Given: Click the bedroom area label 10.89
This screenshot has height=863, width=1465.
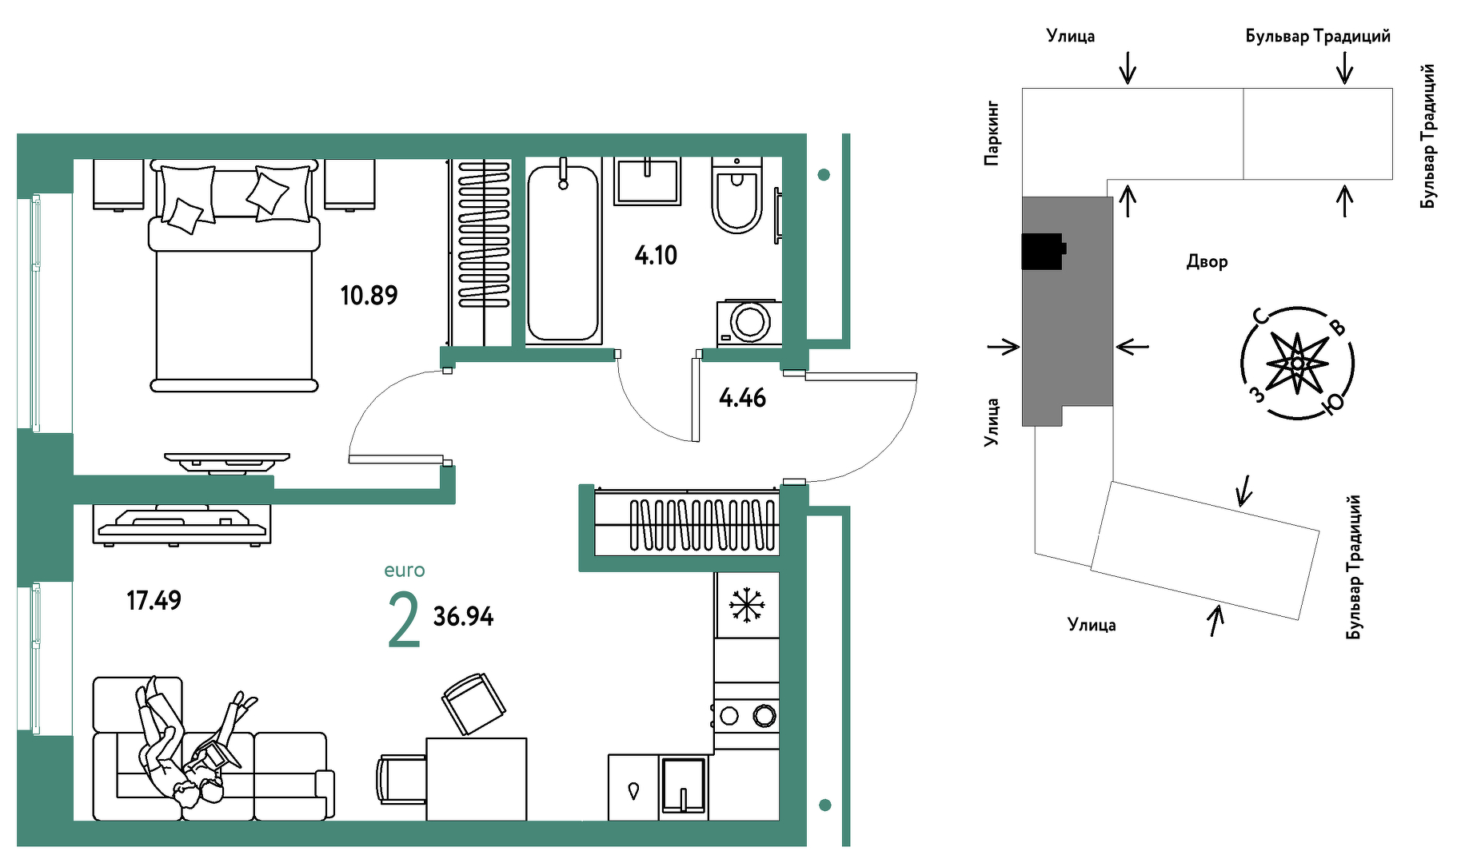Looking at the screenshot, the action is tap(369, 296).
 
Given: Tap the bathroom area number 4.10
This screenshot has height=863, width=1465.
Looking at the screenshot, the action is tap(656, 256).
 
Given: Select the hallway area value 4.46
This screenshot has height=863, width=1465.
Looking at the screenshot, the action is tap(742, 398).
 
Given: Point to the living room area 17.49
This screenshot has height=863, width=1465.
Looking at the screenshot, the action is tap(154, 600).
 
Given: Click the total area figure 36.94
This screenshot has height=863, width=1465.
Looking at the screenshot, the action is tap(463, 617).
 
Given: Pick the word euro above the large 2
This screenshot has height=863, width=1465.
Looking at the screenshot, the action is tap(404, 571).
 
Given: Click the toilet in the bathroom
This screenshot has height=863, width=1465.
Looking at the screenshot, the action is tap(736, 196).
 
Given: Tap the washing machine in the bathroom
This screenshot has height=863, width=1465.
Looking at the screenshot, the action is tap(749, 323).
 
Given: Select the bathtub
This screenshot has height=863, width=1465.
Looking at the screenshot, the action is tap(563, 253).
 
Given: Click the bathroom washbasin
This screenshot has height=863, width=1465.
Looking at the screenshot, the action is tap(647, 181).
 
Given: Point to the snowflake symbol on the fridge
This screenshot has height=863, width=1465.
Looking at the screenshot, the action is tap(747, 605).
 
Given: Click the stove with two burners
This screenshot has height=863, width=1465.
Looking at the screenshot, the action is tap(746, 715).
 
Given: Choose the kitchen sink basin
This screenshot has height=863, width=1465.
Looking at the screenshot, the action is tap(684, 786).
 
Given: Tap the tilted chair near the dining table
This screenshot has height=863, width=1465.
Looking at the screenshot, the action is tap(473, 703).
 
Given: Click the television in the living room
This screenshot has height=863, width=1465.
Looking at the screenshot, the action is tap(181, 525).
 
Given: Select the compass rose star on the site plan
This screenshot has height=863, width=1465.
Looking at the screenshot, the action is tap(1297, 364).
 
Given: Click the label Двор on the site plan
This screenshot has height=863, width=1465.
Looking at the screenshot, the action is tap(1207, 262).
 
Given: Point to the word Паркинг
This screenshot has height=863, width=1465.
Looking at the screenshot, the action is tap(992, 133).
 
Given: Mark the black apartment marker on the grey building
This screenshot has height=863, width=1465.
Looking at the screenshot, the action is tap(1044, 251).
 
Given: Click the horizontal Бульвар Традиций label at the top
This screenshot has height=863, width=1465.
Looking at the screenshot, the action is tap(1318, 36).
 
